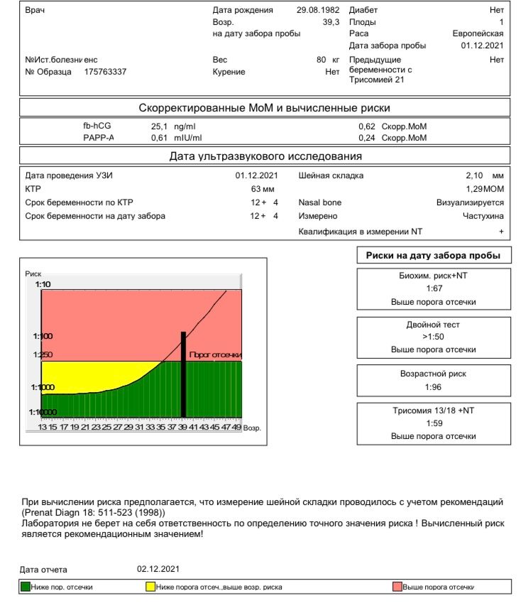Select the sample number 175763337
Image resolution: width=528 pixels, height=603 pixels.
pos(106,72)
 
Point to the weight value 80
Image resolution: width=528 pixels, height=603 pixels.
pos(321,60)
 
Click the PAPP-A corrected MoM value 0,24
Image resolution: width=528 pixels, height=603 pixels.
pos(367,138)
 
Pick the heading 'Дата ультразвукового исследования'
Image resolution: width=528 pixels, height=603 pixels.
pos(265,156)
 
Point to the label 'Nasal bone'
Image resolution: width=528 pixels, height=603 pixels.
pos(320,202)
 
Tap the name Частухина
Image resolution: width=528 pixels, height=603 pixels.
pos(483,216)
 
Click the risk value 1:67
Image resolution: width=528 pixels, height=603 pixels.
pos(433,288)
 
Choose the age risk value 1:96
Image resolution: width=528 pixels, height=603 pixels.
pos(433,387)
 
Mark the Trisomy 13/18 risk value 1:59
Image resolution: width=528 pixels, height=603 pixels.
pos(433,423)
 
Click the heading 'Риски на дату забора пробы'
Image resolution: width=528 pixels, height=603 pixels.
pos(433,256)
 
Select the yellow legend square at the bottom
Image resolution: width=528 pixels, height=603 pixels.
pos(150,587)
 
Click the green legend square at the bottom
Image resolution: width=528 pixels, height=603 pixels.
pos(26,587)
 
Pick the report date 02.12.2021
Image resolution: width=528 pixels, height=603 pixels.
pos(160,569)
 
